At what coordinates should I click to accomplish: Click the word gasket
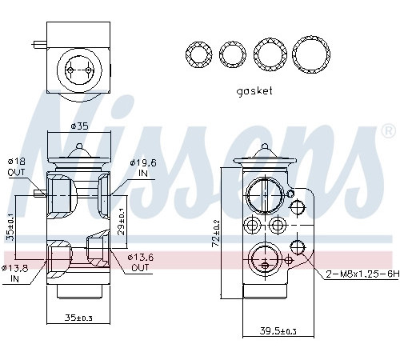click(x=254, y=91)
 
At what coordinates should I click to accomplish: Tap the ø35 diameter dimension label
click(x=79, y=126)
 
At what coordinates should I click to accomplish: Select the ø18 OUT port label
click(x=16, y=166)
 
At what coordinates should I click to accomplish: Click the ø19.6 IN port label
click(x=143, y=168)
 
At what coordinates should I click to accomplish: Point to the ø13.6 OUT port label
click(x=140, y=262)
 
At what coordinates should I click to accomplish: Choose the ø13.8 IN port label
click(x=14, y=274)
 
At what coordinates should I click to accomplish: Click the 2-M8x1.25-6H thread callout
click(x=362, y=274)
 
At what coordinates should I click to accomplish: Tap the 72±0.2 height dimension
click(x=216, y=234)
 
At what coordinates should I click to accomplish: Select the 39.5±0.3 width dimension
click(x=278, y=331)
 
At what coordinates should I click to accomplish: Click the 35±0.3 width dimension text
click(x=78, y=318)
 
